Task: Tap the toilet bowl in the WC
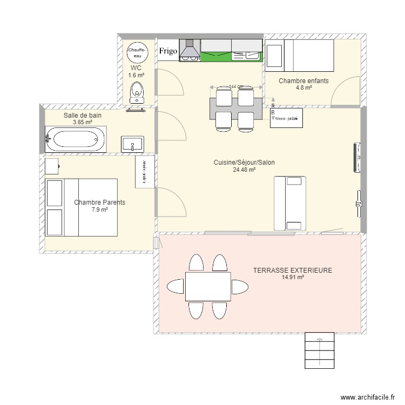click(x=137, y=93)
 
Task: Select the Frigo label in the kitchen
click(x=168, y=51)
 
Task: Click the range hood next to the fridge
click(x=189, y=49)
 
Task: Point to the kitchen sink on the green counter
click(x=247, y=54)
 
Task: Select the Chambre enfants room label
click(x=303, y=81)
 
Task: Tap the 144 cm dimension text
click(x=235, y=87)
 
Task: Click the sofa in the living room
click(x=290, y=202)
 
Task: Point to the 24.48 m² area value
click(x=244, y=170)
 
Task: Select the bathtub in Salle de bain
click(x=75, y=139)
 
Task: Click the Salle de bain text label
click(x=83, y=116)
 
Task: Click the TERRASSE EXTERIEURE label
click(x=292, y=271)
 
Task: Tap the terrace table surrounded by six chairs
click(x=207, y=286)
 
